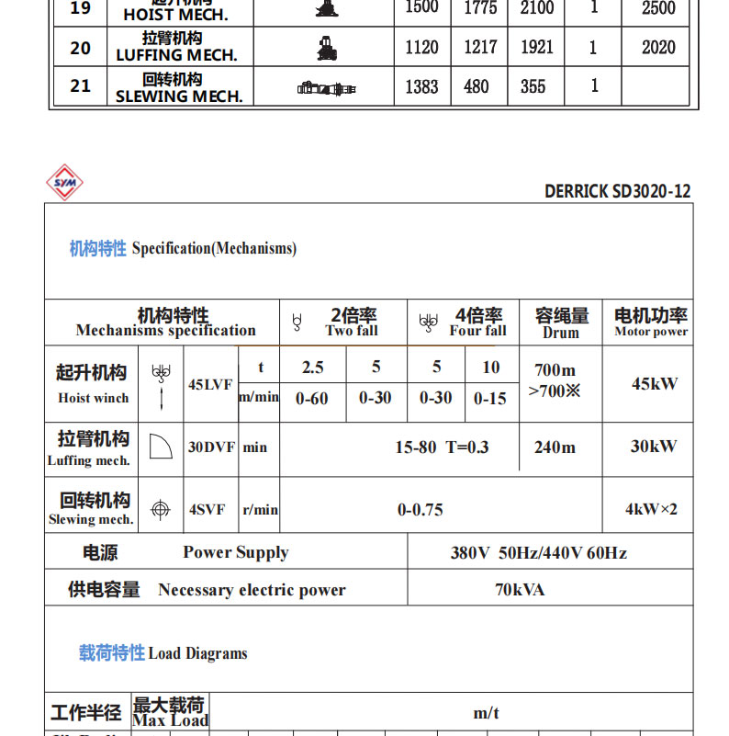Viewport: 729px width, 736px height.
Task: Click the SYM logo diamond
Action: click(x=64, y=183)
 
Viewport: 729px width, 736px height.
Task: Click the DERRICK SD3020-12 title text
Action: click(x=617, y=191)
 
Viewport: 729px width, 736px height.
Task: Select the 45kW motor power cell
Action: click(x=655, y=383)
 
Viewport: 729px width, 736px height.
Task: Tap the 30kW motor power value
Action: click(x=653, y=447)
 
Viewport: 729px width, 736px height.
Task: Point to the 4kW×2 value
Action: click(x=651, y=508)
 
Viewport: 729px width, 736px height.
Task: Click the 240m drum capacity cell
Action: click(x=555, y=447)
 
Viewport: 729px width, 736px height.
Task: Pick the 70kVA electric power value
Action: click(x=520, y=589)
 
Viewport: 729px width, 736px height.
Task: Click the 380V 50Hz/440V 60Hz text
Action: click(x=538, y=552)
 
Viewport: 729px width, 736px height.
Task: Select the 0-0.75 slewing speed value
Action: click(x=421, y=508)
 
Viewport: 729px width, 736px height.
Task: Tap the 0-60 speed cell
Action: click(x=311, y=398)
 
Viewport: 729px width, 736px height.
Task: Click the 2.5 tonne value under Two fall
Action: click(x=312, y=368)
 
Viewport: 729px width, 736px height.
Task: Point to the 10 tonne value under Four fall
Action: click(x=491, y=368)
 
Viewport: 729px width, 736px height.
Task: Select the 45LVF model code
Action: click(x=210, y=385)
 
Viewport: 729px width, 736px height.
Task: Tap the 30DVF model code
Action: click(x=212, y=447)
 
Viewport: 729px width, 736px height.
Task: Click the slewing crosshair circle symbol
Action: click(x=161, y=508)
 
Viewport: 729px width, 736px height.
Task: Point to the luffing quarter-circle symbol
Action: click(x=160, y=446)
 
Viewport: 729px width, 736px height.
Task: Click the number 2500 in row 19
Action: click(x=658, y=8)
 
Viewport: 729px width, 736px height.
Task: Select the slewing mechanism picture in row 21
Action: click(x=325, y=87)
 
